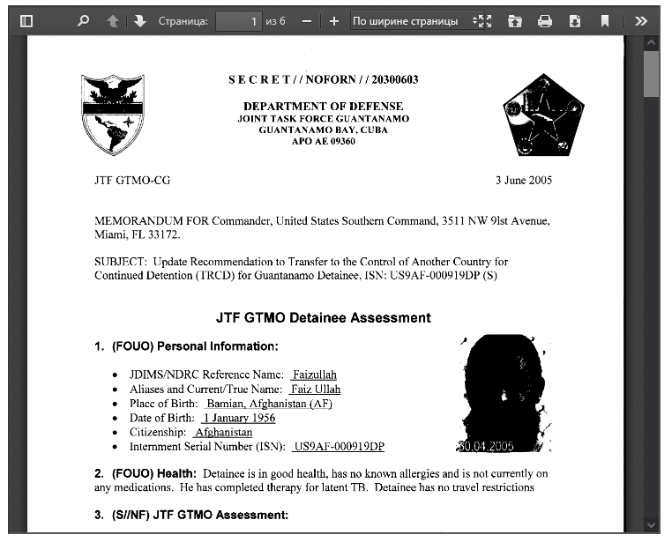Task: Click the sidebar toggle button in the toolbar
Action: tap(26, 21)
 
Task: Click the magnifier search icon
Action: tap(83, 21)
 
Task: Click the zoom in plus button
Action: tap(333, 21)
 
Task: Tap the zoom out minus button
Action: tap(306, 21)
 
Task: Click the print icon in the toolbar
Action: tap(545, 21)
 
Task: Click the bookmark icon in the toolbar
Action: tap(604, 21)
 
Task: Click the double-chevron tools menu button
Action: tap(641, 21)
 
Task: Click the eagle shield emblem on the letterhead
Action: tap(112, 114)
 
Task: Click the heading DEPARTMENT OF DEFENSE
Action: tap(323, 106)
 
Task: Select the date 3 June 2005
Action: tap(523, 181)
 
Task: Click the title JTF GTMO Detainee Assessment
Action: tap(323, 317)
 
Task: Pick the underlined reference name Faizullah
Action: tap(315, 375)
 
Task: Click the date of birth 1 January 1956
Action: tap(239, 418)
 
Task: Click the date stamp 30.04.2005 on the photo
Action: tap(485, 446)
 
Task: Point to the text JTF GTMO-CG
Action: tap(132, 181)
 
